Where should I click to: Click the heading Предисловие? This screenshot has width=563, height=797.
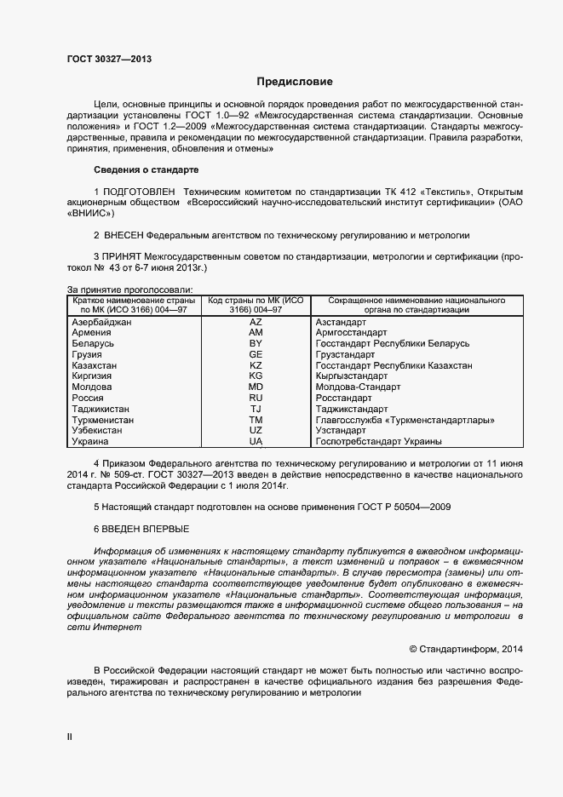pyautogui.click(x=295, y=82)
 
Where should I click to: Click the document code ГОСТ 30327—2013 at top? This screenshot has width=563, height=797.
pyautogui.click(x=110, y=59)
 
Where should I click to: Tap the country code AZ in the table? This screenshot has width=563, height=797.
pyautogui.click(x=256, y=322)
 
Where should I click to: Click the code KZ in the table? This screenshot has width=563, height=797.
pyautogui.click(x=256, y=364)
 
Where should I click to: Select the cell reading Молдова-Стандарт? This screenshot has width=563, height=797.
pyautogui.click(x=357, y=387)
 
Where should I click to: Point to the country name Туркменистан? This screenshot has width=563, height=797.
pyautogui.click(x=104, y=420)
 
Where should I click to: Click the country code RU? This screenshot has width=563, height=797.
pyautogui.click(x=256, y=398)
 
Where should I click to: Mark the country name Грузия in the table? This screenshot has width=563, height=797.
pyautogui.click(x=89, y=354)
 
